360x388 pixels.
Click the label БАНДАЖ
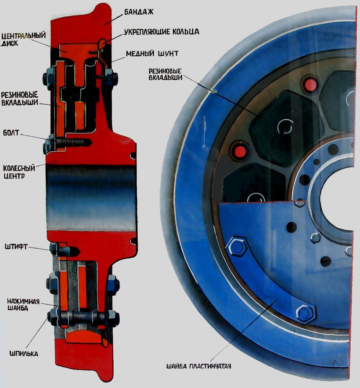(x=139, y=12)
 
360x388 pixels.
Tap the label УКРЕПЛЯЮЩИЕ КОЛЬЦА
(x=162, y=32)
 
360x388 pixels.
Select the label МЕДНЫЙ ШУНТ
(x=152, y=53)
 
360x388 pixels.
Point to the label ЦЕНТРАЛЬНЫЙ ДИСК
(x=23, y=39)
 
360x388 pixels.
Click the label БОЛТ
(x=11, y=133)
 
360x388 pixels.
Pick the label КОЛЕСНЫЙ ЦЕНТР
(x=19, y=172)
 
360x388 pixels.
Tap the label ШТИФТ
(x=16, y=247)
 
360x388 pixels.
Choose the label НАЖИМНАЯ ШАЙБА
(x=23, y=305)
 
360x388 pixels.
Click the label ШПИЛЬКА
(x=24, y=354)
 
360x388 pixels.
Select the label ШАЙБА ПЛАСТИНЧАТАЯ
(x=199, y=366)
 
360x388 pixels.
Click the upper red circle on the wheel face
(x=310, y=85)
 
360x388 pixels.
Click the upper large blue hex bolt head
(x=236, y=246)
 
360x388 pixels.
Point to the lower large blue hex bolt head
(x=306, y=314)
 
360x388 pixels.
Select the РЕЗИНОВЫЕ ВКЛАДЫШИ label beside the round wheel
(x=165, y=74)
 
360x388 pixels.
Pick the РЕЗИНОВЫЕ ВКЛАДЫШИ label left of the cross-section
(x=20, y=99)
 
